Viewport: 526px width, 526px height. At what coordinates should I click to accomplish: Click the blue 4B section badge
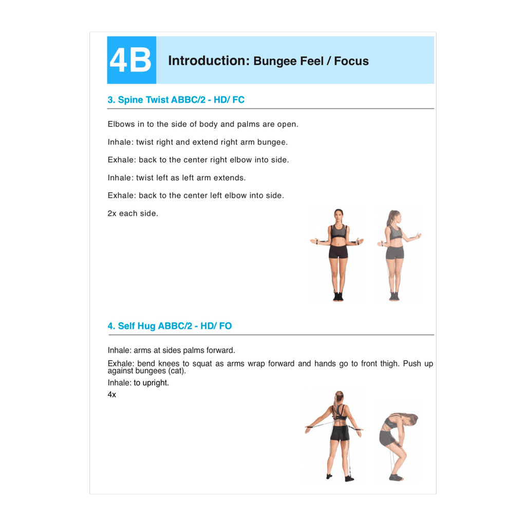click(131, 60)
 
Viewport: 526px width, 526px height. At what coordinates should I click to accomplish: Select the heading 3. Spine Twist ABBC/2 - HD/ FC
click(176, 100)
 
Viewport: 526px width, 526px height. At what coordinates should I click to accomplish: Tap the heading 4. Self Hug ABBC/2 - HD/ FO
click(170, 326)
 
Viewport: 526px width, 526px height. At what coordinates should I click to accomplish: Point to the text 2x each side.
click(133, 213)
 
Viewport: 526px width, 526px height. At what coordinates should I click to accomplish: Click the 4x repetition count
click(112, 394)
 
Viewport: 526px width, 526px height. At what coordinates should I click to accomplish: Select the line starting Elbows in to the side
click(203, 124)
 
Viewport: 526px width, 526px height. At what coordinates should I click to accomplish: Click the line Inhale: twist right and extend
click(197, 142)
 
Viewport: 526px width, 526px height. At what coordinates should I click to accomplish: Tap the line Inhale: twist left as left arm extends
click(177, 178)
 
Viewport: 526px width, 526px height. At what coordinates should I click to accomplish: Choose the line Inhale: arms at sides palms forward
click(171, 350)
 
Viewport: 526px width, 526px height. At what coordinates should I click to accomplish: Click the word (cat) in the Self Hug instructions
click(177, 371)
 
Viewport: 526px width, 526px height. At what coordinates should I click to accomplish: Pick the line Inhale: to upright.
click(138, 383)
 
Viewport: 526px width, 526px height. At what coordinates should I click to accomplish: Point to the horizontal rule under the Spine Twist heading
click(270, 109)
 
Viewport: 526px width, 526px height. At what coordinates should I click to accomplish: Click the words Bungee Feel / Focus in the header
click(311, 61)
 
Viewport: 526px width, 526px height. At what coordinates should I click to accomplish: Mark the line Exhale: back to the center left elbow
click(195, 196)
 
